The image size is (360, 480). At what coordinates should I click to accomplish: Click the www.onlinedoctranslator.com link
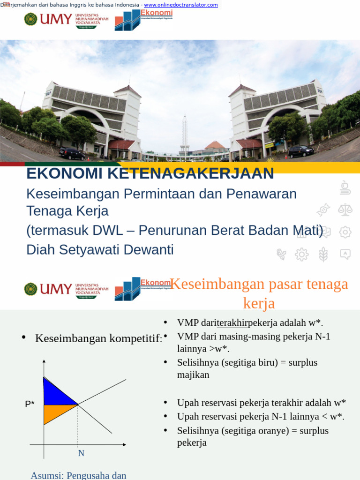181,5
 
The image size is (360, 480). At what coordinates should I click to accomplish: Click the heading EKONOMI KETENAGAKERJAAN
150,173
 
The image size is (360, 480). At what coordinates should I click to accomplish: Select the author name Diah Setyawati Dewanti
100,250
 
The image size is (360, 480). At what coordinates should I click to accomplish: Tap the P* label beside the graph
30,404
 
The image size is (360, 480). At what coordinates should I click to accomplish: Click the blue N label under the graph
81,453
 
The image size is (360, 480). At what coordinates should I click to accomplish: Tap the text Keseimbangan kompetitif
98,338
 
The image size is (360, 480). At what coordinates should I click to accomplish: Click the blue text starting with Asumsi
78,475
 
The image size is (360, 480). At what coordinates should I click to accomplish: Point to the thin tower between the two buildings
185,134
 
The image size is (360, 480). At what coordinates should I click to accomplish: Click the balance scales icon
345,210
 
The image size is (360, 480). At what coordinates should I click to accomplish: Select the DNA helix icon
323,210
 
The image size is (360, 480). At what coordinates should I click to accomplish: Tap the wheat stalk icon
323,255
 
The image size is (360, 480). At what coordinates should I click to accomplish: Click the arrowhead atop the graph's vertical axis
44,362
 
